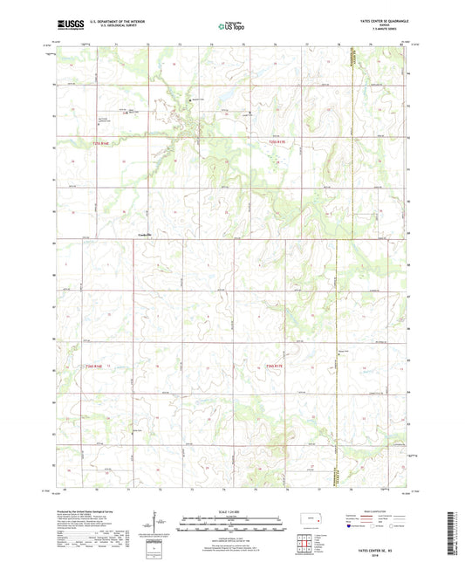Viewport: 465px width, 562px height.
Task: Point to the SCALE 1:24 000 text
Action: pyautogui.click(x=231, y=511)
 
